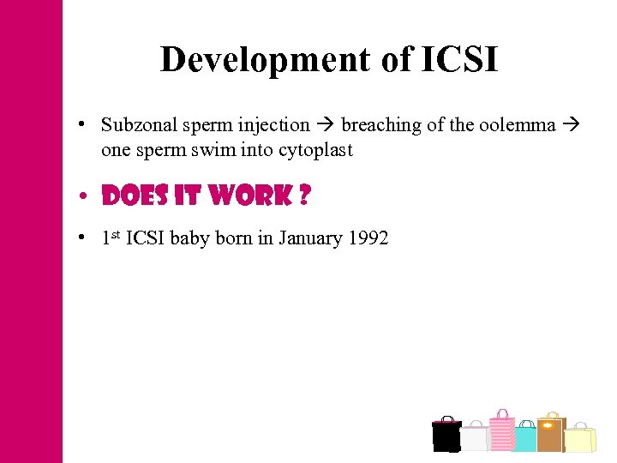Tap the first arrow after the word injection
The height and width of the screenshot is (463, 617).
[326, 125]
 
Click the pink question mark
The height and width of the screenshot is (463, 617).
[303, 196]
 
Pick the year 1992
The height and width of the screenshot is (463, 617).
[368, 238]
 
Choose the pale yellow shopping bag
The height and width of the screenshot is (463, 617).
[580, 439]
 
